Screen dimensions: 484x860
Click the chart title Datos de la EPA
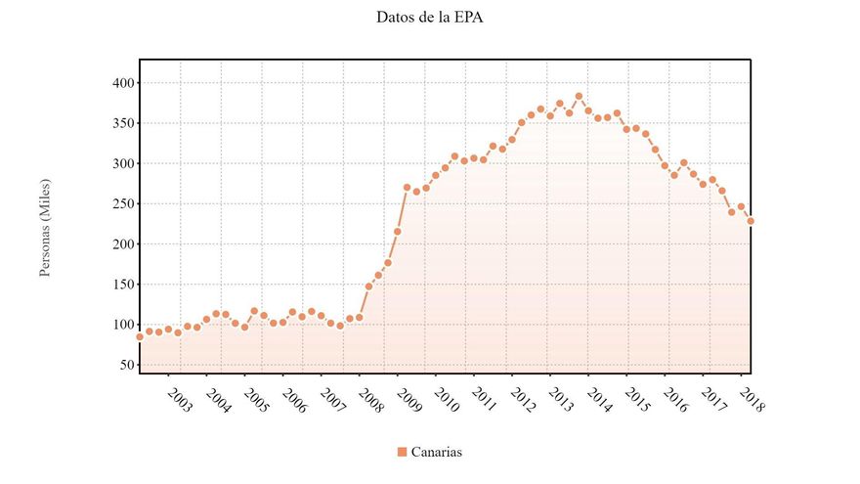[x=429, y=18]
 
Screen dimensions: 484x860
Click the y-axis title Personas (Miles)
[x=45, y=227]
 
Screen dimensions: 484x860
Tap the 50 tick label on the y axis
[x=124, y=365]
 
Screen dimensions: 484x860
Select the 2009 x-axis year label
[x=409, y=400]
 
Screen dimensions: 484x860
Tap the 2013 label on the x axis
[x=562, y=400]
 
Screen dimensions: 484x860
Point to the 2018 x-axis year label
[x=752, y=400]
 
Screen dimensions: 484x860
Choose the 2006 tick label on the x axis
[x=295, y=400]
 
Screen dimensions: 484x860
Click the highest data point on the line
[x=579, y=97]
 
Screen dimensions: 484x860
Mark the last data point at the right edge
[x=751, y=221]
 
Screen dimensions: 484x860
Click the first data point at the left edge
[x=140, y=336]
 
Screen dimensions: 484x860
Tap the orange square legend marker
[x=402, y=452]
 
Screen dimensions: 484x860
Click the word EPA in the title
[x=466, y=18]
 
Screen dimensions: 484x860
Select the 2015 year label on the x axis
[x=638, y=400]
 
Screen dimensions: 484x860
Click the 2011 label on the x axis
[x=486, y=400]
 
